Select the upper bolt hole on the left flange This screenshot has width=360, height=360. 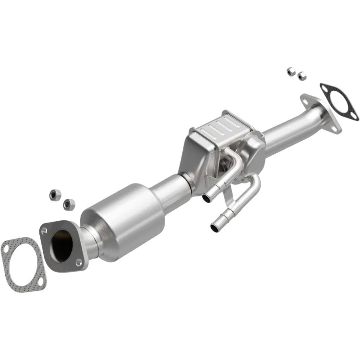point(45,230)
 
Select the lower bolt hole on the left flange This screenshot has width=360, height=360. point(80,261)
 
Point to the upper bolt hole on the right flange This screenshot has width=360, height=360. point(304,102)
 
